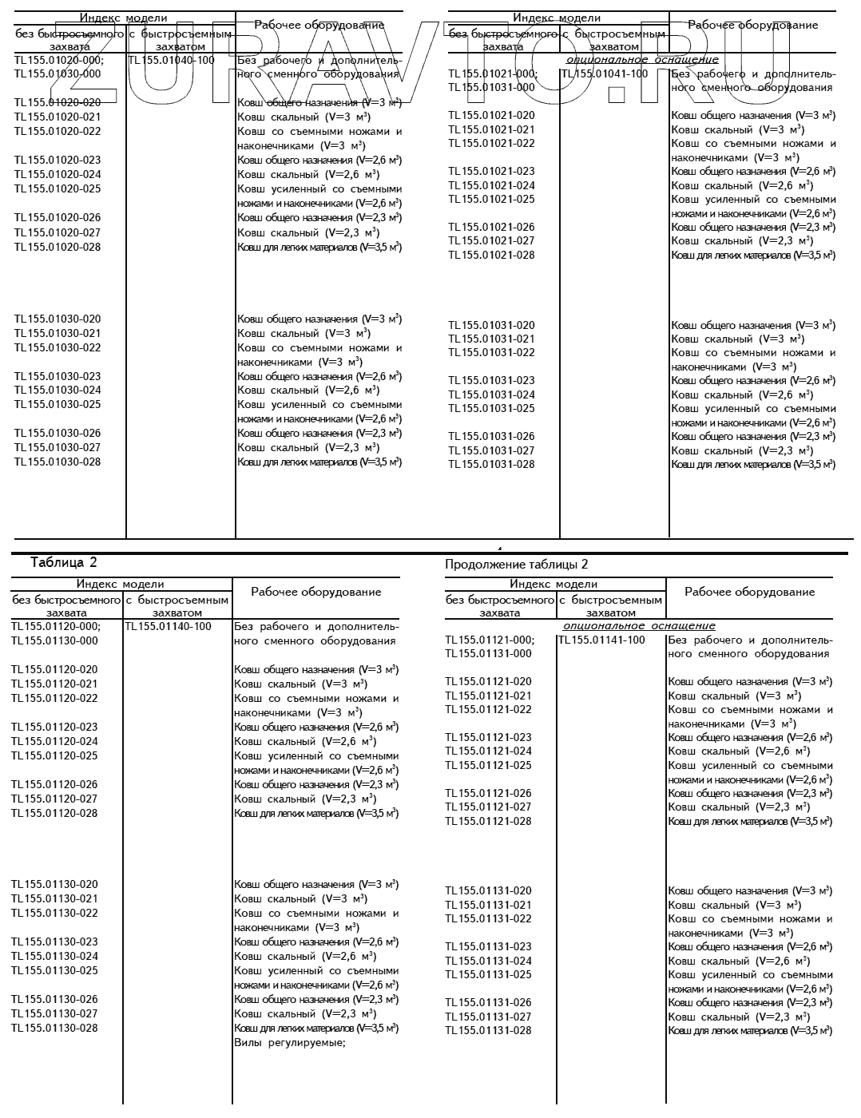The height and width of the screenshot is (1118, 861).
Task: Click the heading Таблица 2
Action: pos(63,562)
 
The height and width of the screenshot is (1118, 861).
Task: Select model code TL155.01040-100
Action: pos(171,60)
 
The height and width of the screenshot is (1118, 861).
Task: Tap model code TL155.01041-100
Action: pos(605,73)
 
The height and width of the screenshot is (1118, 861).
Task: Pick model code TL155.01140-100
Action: pos(169,626)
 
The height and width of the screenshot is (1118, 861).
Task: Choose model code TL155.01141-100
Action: pos(601,640)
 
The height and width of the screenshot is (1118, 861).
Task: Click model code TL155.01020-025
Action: pos(58,188)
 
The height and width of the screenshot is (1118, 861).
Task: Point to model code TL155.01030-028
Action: pos(58,462)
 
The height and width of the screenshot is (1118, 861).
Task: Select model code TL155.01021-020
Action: pos(491,115)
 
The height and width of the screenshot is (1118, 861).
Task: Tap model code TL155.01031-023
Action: pos(491,380)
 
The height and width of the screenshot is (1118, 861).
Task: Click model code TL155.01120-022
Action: pos(54,698)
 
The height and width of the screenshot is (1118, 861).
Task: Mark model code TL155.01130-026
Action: pos(54,999)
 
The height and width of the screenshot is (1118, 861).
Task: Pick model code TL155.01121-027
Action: pos(488,807)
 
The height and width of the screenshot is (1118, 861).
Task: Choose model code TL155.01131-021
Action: pos(488,905)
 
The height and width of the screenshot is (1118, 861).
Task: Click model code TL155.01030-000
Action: pos(58,73)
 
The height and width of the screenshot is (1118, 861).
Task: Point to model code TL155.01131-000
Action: pos(488,653)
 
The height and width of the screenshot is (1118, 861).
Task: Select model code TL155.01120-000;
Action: pos(56,626)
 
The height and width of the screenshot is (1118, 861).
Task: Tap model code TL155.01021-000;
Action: pos(493,73)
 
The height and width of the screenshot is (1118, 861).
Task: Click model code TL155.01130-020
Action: pos(54,884)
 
